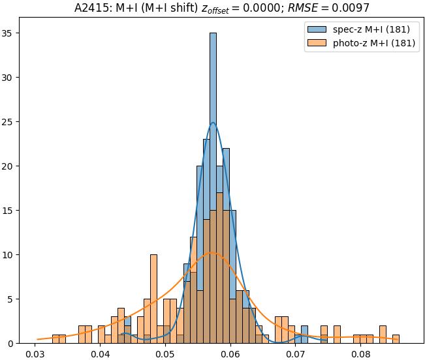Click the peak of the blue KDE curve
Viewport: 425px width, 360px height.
tap(213, 123)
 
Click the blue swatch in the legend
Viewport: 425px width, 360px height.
tap(315, 30)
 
